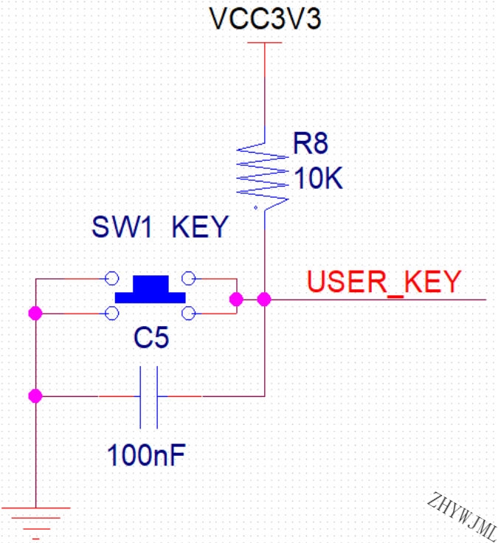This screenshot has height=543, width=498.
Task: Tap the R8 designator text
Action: coord(311,143)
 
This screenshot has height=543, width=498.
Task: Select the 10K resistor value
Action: coord(318,178)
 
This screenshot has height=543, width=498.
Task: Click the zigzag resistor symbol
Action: coord(263,177)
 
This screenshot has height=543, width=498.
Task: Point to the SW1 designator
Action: coord(122,226)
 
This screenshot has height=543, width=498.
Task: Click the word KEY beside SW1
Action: coord(200,226)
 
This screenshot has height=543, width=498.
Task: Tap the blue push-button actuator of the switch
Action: coord(151,289)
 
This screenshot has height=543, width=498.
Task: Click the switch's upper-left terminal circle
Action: coord(112,278)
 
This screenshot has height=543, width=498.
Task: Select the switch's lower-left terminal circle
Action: coord(112,314)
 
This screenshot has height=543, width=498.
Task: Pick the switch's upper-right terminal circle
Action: coord(189,278)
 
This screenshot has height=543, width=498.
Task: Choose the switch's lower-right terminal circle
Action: coord(189,314)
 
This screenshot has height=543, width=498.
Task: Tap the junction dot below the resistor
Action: coord(264,300)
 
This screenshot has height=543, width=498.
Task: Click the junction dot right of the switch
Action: coord(237,300)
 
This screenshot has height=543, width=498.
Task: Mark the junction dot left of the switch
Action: coord(35,314)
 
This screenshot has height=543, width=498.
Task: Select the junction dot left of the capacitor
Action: coord(35,396)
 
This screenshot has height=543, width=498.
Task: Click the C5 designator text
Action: coord(151,338)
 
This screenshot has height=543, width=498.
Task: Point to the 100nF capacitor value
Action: coord(147,455)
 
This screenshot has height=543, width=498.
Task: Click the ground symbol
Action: coord(35,523)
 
